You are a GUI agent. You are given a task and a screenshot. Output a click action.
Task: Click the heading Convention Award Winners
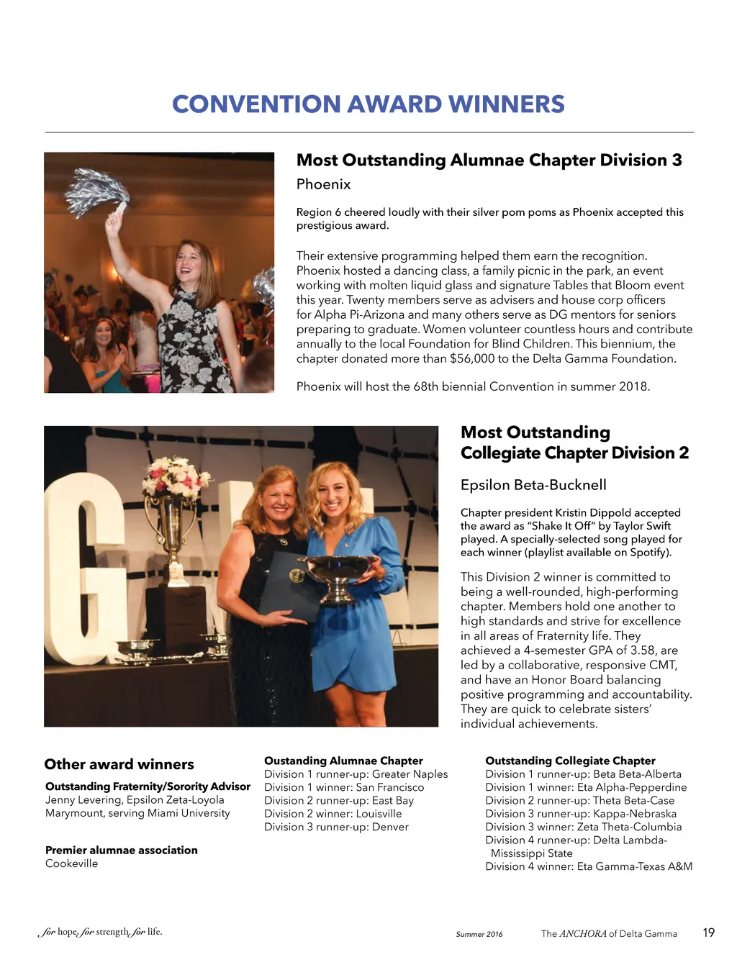pos(368,104)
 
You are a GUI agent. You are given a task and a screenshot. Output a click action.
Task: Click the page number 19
pos(708,933)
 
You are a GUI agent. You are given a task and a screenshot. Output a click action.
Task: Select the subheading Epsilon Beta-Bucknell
pos(533,485)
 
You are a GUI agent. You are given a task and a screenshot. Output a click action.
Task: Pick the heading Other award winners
pos(119,764)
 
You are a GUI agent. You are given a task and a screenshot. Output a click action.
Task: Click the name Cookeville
pos(71,863)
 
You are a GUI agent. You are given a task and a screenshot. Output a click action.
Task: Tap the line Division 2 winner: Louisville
pos(333,814)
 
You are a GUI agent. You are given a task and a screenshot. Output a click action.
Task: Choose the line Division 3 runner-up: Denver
pos(336,827)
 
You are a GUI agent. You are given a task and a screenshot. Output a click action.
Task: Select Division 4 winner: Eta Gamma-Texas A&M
pos(589,866)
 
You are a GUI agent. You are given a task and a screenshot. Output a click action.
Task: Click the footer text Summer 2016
pos(479,934)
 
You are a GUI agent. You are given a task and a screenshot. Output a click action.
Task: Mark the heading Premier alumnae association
pos(121,850)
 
